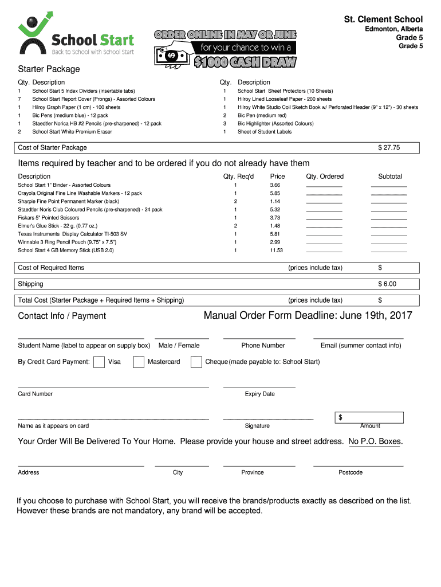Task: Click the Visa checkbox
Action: tap(99, 362)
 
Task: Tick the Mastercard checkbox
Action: tap(138, 362)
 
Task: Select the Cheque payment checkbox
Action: tap(196, 362)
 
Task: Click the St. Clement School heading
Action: tap(383, 19)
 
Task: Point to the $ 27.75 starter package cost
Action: tap(389, 148)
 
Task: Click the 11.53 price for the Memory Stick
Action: tap(276, 251)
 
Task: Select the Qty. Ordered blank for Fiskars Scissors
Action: tap(324, 218)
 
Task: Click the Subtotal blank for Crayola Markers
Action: tap(389, 194)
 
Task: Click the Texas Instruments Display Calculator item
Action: tap(73, 234)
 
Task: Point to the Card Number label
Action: tap(35, 394)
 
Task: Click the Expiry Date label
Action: tap(259, 394)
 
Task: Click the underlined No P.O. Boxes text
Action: tap(375, 442)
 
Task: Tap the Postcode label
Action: tap(351, 473)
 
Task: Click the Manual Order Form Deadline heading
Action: tap(308, 316)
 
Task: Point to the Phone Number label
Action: tap(263, 346)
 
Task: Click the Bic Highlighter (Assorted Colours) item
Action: tap(275, 124)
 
